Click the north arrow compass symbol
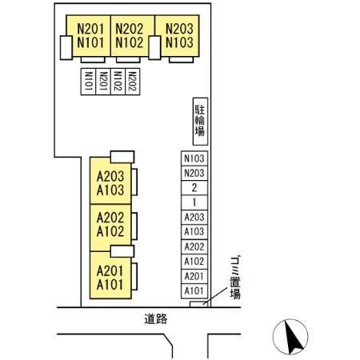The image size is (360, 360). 290,337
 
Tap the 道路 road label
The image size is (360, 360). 156,319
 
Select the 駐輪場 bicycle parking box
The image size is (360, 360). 200,122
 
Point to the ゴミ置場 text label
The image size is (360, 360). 235,278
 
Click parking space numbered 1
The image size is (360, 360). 194,202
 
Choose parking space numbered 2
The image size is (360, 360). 194,188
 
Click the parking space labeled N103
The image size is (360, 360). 194,158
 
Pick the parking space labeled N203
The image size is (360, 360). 194,173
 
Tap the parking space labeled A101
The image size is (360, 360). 194,290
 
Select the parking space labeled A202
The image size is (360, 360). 194,246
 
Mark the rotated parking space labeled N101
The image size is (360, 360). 88,82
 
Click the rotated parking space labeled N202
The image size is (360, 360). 133,82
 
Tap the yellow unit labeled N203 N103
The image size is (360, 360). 177,36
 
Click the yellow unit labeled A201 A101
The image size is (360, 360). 110,276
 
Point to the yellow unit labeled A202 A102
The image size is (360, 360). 110,228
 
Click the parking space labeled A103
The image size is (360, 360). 194,232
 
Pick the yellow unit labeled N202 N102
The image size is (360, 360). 133,36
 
